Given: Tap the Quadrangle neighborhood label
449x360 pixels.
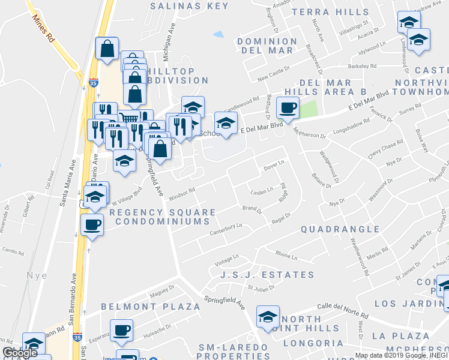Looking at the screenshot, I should coord(340,229).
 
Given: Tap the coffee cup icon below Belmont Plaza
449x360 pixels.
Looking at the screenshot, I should coord(121,329).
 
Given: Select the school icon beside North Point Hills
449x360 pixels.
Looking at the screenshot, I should coord(268,316).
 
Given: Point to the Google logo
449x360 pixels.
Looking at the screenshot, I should coord(20,353).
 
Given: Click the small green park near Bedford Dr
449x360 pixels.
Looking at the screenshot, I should coord(307,109).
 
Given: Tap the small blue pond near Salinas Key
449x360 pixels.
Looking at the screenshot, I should coord(218,34).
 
